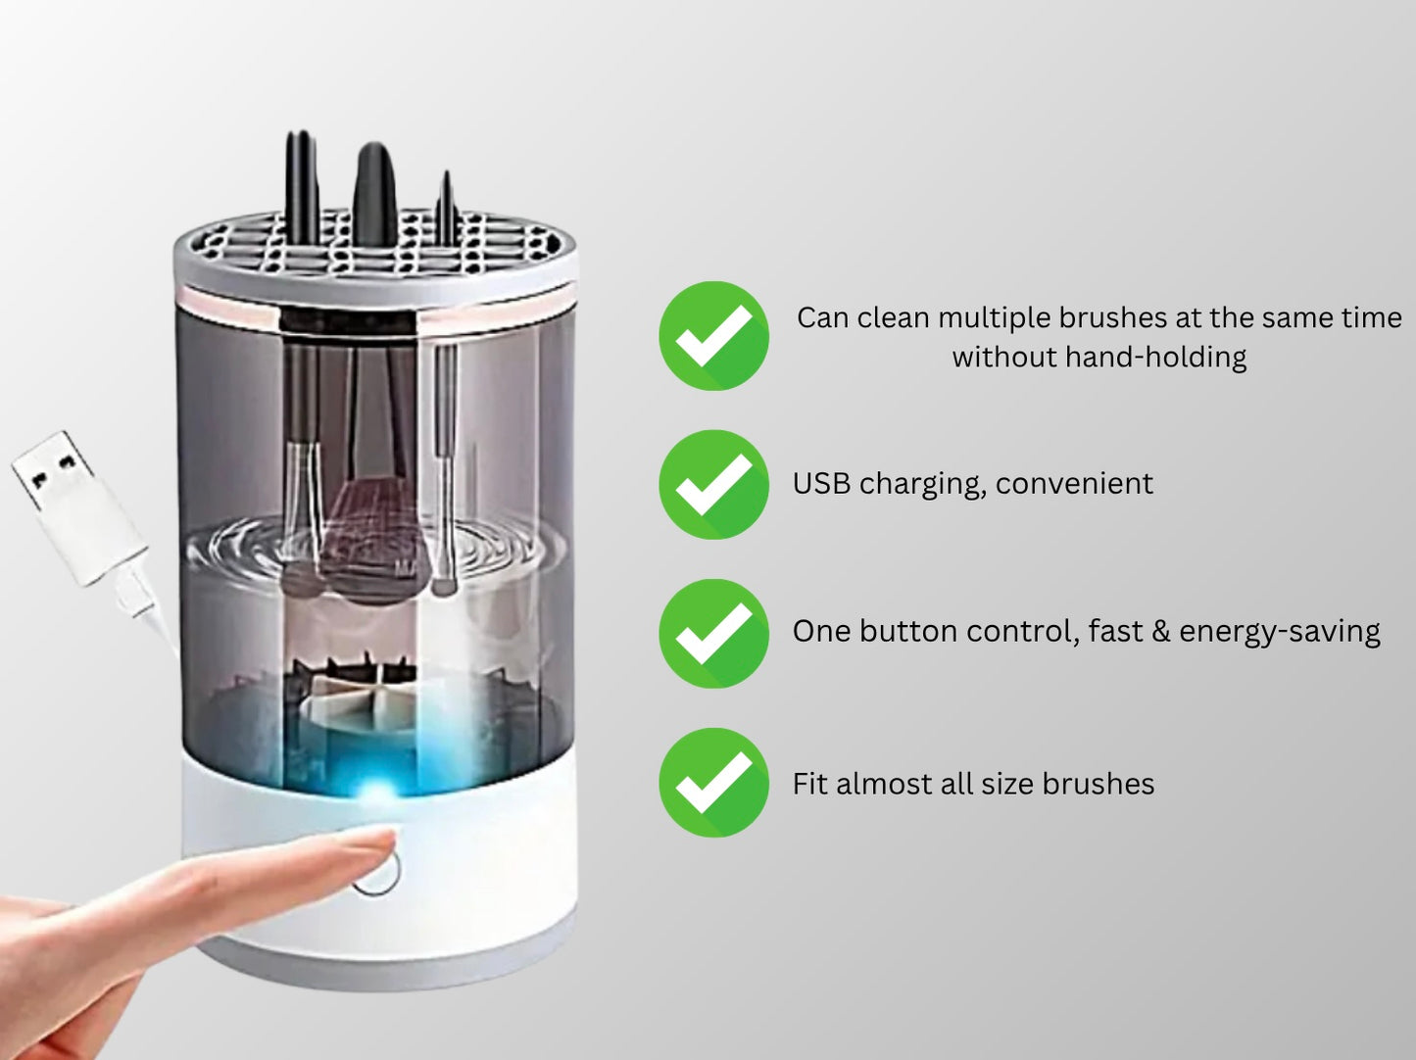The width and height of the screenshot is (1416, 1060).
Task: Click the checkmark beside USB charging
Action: click(x=713, y=484)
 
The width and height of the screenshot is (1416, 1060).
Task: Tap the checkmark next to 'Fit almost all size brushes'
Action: click(x=713, y=783)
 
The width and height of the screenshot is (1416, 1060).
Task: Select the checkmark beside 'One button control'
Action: click(x=713, y=633)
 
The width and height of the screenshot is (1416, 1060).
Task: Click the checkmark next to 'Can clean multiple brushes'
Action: click(x=713, y=336)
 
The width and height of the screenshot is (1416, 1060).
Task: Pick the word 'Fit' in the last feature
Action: click(x=809, y=784)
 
